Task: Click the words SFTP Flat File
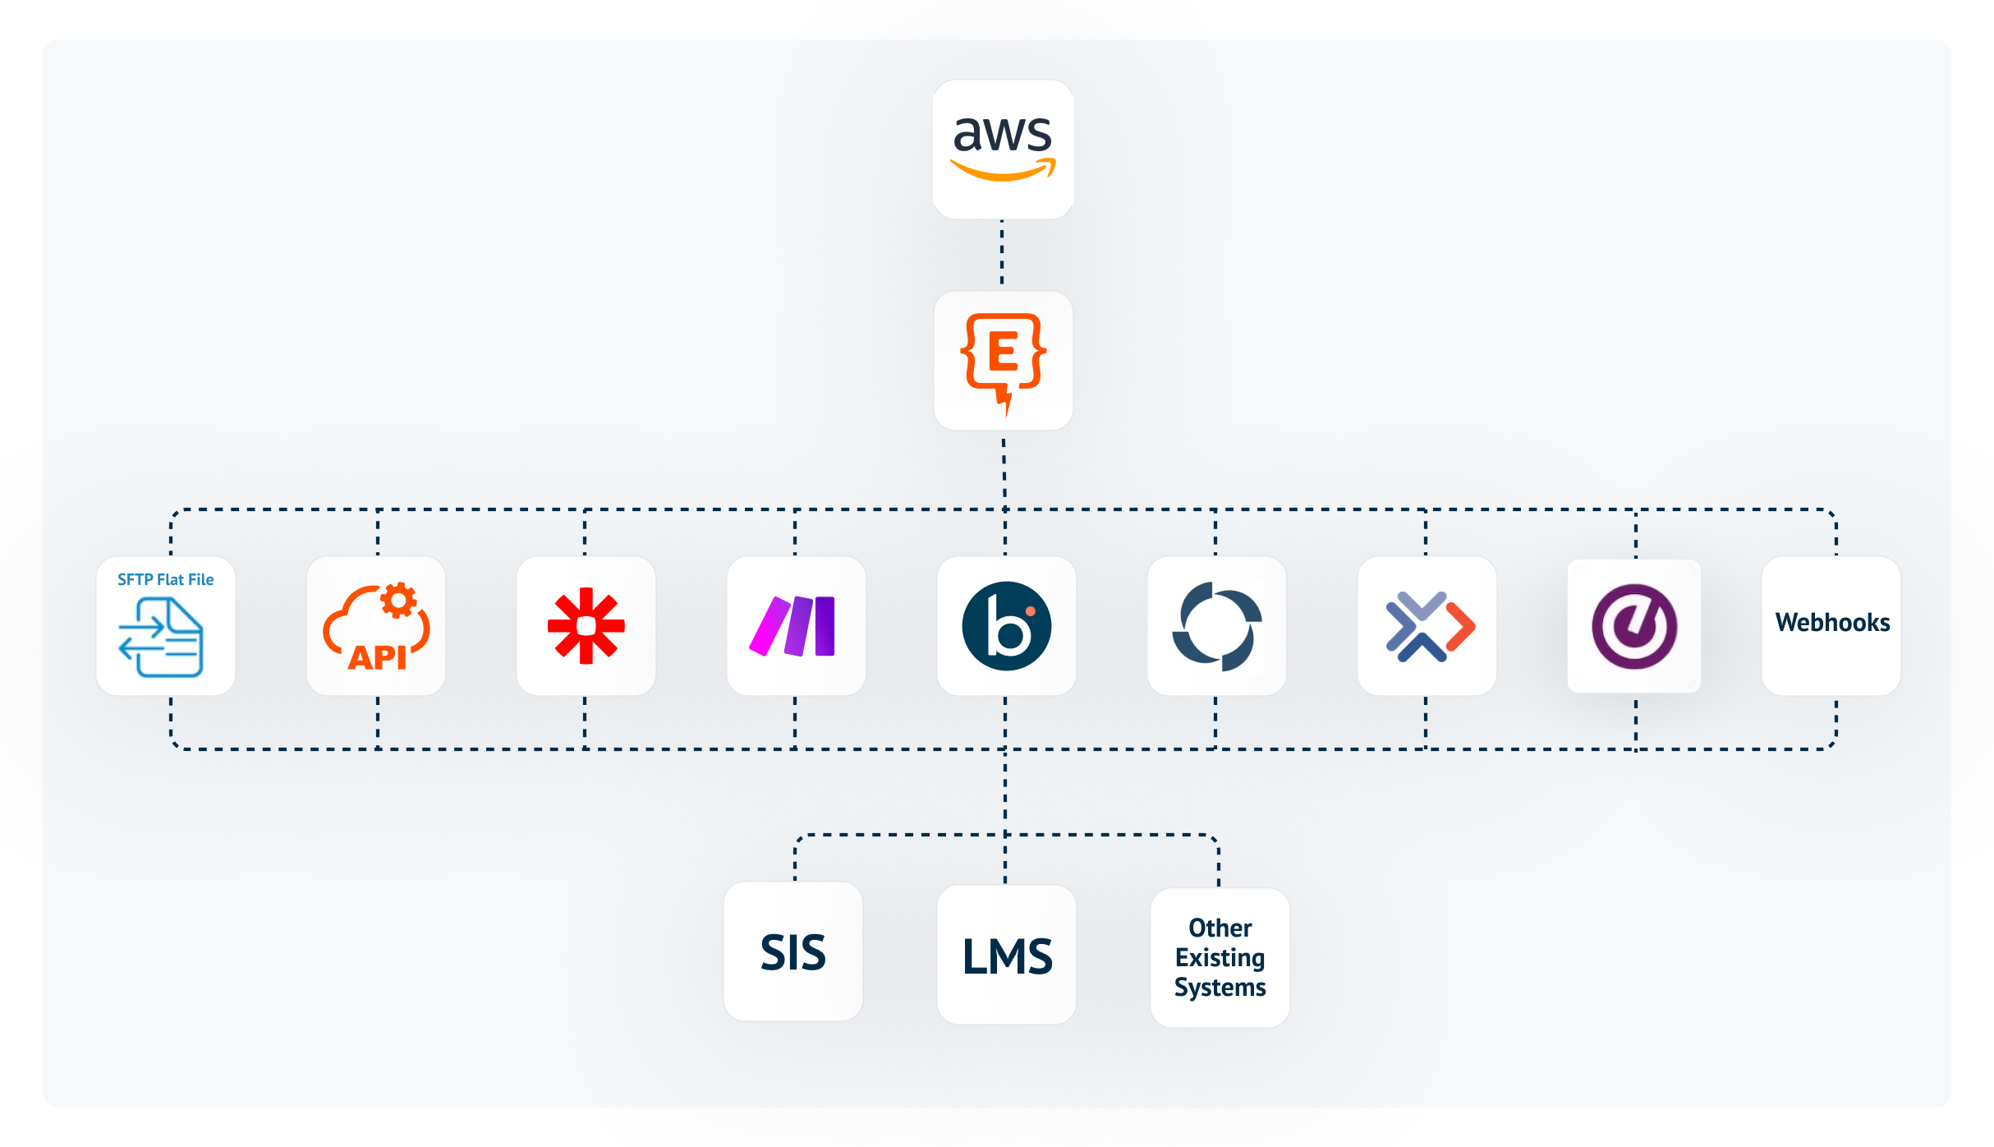[x=165, y=579]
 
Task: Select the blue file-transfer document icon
[x=162, y=637]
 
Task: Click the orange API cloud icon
[x=375, y=629]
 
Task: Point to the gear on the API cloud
[x=399, y=601]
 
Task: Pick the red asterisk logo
[x=586, y=625]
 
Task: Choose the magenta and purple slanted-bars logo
[x=793, y=626]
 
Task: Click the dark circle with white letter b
[x=1006, y=626]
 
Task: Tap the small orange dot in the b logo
[x=1030, y=611]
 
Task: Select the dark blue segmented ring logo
[x=1216, y=626]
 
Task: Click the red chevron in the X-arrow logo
[x=1461, y=626]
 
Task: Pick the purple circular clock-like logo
[x=1634, y=626]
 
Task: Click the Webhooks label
[x=1832, y=623]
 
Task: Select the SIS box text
[x=793, y=952]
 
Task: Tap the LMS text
[x=1007, y=956]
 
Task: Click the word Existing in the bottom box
[x=1220, y=958]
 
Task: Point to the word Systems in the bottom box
[x=1220, y=988]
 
